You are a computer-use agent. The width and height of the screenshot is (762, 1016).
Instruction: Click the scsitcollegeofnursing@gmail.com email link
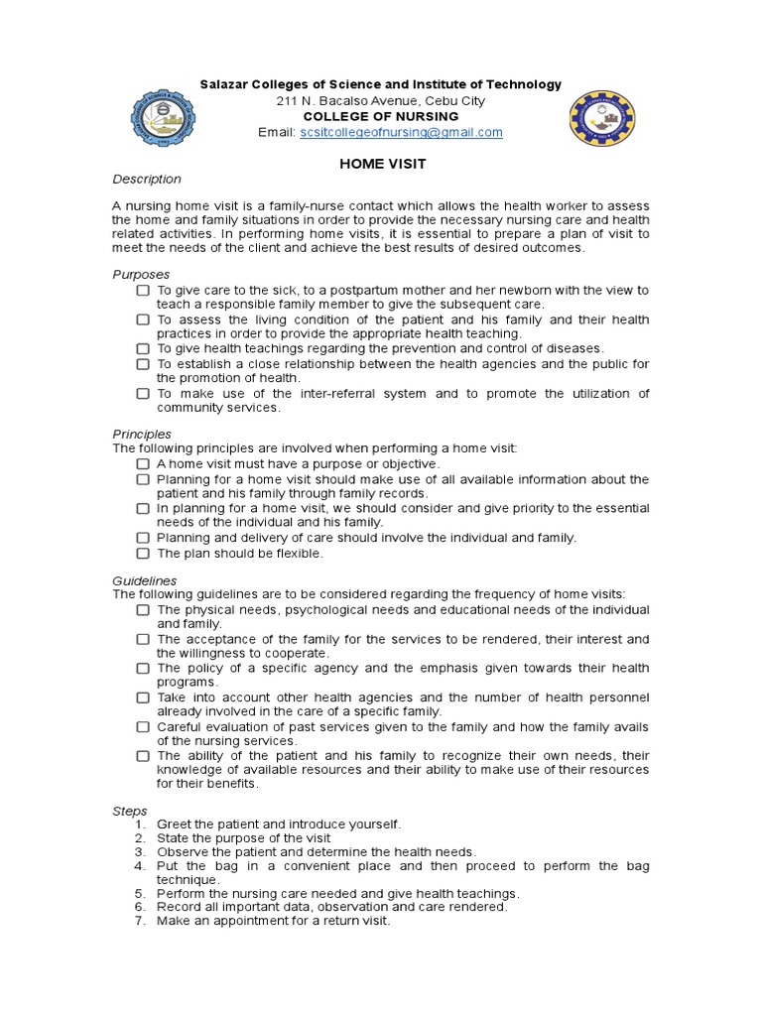pyautogui.click(x=401, y=132)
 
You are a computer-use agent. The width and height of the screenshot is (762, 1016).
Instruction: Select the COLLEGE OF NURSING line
pyautogui.click(x=381, y=116)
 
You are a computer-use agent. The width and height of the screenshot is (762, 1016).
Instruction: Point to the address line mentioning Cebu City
pyautogui.click(x=381, y=101)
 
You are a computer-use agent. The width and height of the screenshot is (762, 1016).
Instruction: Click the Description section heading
pyautogui.click(x=147, y=180)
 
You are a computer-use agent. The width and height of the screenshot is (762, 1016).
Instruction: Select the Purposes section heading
pyautogui.click(x=141, y=275)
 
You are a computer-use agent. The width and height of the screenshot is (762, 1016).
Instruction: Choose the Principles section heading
pyautogui.click(x=142, y=435)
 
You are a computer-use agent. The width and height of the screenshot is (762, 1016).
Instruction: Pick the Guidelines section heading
pyautogui.click(x=145, y=580)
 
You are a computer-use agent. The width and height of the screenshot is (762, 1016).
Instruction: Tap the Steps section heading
pyautogui.click(x=130, y=811)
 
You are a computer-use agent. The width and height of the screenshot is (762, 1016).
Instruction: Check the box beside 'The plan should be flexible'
pyautogui.click(x=144, y=554)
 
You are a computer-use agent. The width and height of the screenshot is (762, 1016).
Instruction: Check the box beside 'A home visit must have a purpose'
pyautogui.click(x=144, y=464)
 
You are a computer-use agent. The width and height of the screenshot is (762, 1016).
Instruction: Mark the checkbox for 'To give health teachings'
pyautogui.click(x=144, y=349)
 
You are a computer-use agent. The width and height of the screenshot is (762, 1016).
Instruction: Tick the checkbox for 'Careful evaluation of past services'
pyautogui.click(x=144, y=727)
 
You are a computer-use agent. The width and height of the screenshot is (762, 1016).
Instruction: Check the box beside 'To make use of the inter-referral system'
pyautogui.click(x=144, y=394)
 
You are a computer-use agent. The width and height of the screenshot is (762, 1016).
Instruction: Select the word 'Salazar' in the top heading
pyautogui.click(x=223, y=85)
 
